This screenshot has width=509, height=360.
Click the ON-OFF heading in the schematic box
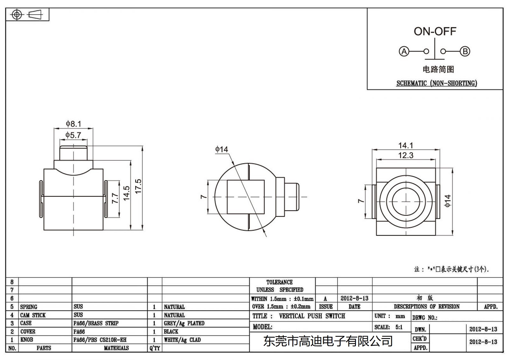[x=435, y=31]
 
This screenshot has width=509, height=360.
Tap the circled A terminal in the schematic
[x=404, y=51]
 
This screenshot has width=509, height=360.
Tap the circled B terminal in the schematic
[x=465, y=51]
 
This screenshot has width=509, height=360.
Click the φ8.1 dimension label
[x=73, y=124]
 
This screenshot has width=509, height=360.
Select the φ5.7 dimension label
[x=73, y=135]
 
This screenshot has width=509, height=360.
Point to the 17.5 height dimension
[x=138, y=186]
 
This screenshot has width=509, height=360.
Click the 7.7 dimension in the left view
[x=115, y=198]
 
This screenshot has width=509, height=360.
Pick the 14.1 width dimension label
[x=406, y=145]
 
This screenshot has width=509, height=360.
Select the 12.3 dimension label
[x=406, y=155]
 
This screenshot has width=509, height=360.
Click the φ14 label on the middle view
[x=221, y=149]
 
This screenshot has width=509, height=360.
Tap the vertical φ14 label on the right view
[x=448, y=201]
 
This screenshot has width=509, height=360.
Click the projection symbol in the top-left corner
[x=27, y=15]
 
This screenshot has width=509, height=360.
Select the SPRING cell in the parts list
[x=29, y=307]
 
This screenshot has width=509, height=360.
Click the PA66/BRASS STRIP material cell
[x=96, y=323]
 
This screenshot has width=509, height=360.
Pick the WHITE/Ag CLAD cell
[x=182, y=340]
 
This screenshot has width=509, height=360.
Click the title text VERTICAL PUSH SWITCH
[x=312, y=316]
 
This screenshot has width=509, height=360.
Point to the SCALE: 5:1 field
[x=388, y=327]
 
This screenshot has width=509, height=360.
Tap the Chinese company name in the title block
[x=328, y=341]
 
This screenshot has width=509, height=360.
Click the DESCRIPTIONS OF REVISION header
[x=427, y=307]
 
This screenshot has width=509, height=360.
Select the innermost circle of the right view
[x=406, y=201]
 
